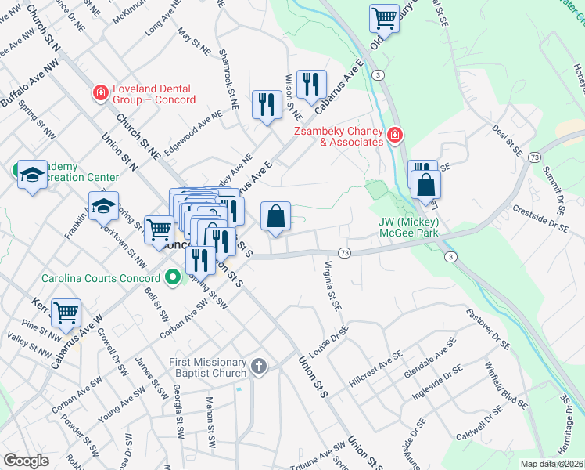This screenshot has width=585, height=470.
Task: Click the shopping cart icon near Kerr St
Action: [x=66, y=313]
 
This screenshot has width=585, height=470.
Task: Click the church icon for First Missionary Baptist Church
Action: [x=259, y=366]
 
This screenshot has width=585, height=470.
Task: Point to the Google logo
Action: [x=26, y=460]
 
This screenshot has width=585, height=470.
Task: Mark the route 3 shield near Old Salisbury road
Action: [x=379, y=74]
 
